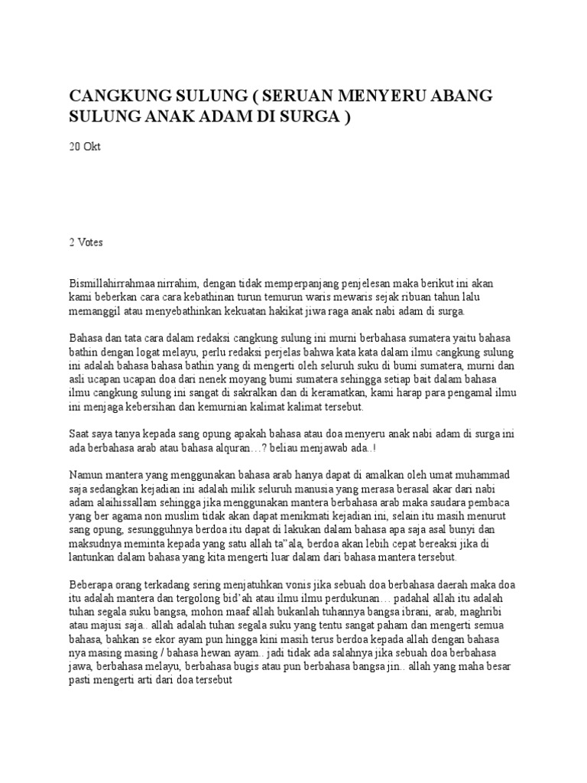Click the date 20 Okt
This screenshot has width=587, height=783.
(85, 146)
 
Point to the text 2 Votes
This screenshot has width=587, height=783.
(86, 242)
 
